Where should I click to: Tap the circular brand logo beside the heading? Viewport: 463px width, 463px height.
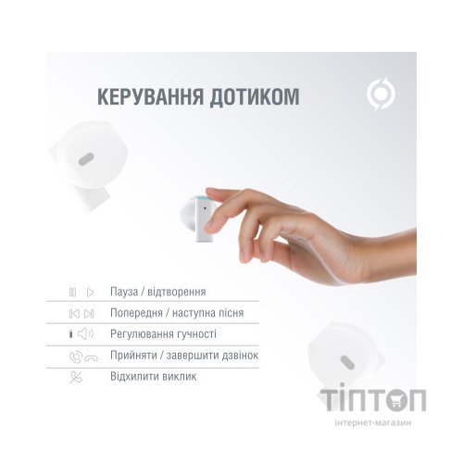(x=380, y=96)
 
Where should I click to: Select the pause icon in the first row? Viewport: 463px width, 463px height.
(x=72, y=291)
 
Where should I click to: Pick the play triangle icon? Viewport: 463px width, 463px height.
(x=90, y=291)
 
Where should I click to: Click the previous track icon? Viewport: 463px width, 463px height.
(x=72, y=312)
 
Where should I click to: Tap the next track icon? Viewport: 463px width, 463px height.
(x=90, y=312)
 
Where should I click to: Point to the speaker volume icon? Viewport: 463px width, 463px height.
(x=85, y=333)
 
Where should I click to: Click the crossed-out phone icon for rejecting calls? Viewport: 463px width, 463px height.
(x=75, y=377)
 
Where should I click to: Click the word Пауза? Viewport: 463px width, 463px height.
(x=126, y=291)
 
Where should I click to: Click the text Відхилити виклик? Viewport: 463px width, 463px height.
(x=153, y=377)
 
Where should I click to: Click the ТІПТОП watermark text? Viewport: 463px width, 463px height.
(x=373, y=399)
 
